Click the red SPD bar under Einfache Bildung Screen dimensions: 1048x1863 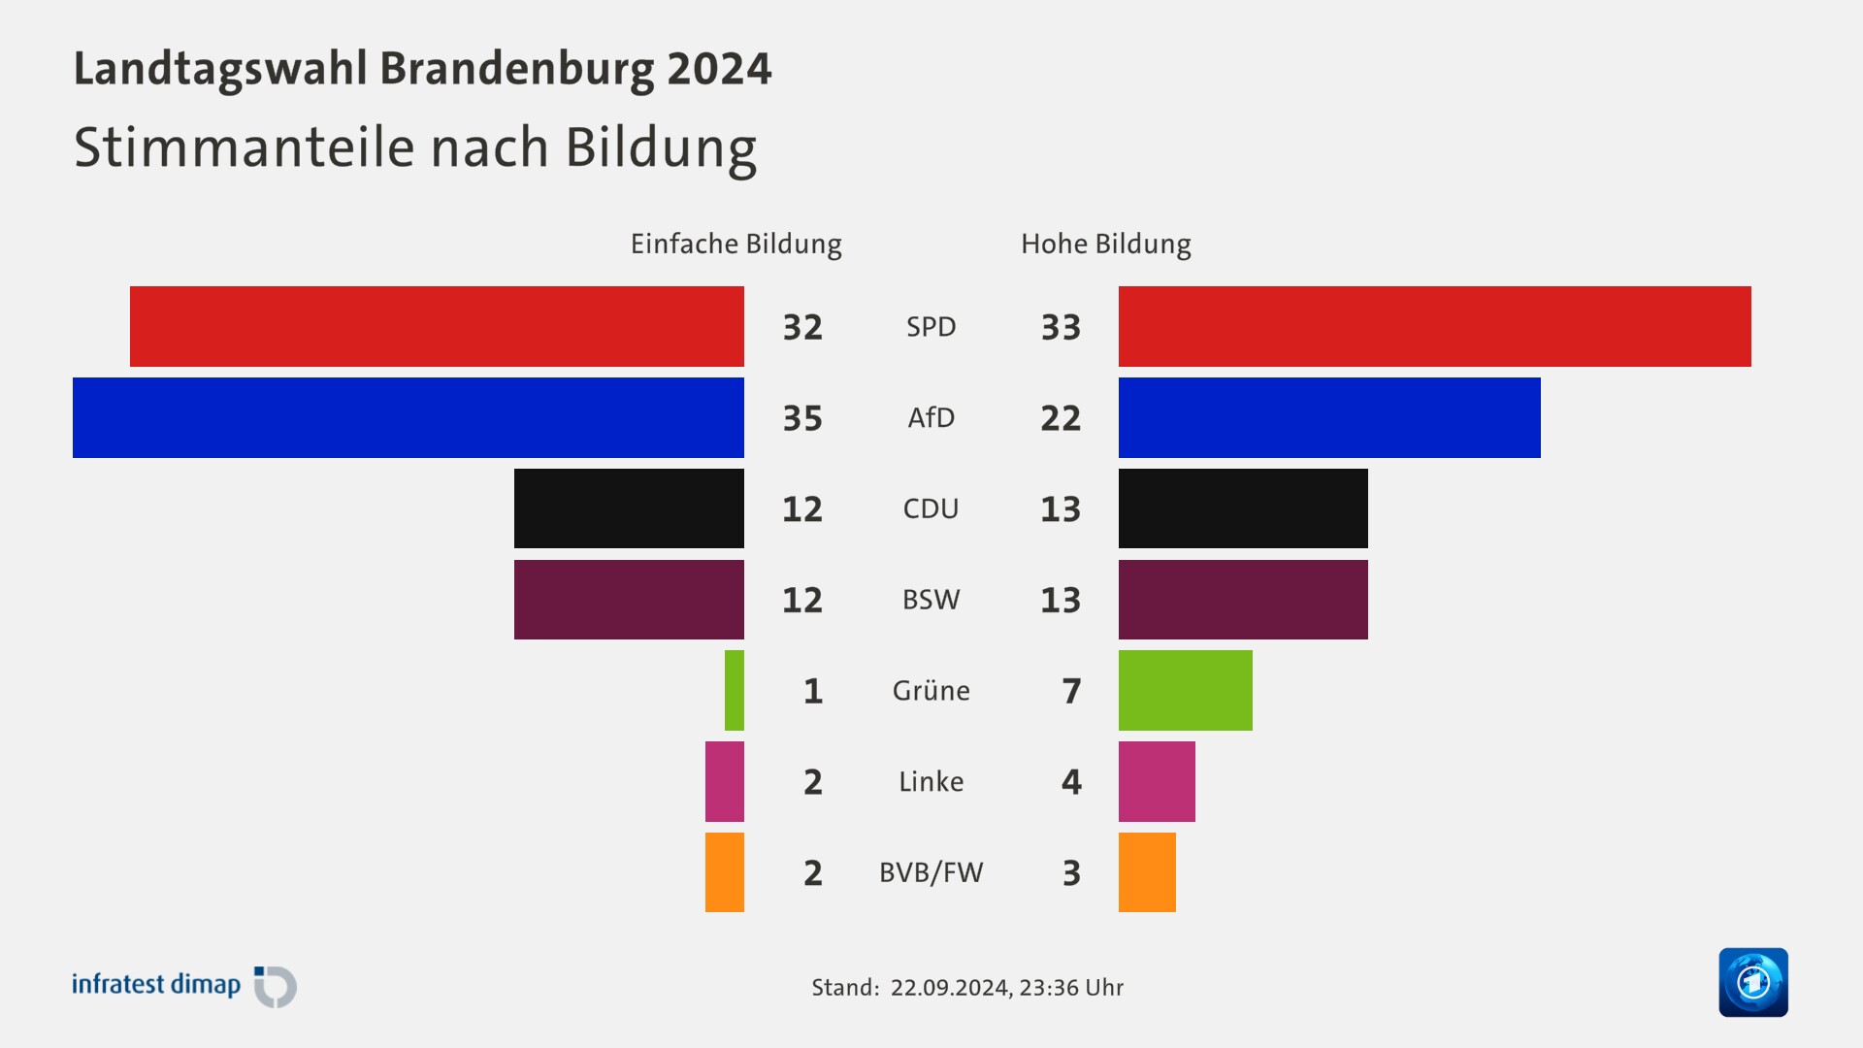437,326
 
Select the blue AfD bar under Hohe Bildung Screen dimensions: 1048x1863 1329,417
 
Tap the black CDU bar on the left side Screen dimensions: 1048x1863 629,508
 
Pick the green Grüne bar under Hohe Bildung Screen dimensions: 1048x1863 1185,690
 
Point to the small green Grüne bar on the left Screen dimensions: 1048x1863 735,690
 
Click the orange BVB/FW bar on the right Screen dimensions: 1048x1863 1147,872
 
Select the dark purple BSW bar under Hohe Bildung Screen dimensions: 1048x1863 1243,600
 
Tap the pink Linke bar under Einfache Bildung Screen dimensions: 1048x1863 725,781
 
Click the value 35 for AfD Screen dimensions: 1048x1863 802,418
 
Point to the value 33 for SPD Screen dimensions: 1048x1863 1061,327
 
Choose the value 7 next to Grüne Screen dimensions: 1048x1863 1071,691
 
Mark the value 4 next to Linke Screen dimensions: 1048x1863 1071,782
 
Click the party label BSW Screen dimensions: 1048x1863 931,600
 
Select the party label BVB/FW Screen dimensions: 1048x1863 931,872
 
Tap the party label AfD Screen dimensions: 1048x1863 931,417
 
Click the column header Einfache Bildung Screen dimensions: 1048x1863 735,244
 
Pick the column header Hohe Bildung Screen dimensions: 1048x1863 1105,244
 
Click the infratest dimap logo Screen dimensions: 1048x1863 184,986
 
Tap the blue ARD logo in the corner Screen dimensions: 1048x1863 1752,982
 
